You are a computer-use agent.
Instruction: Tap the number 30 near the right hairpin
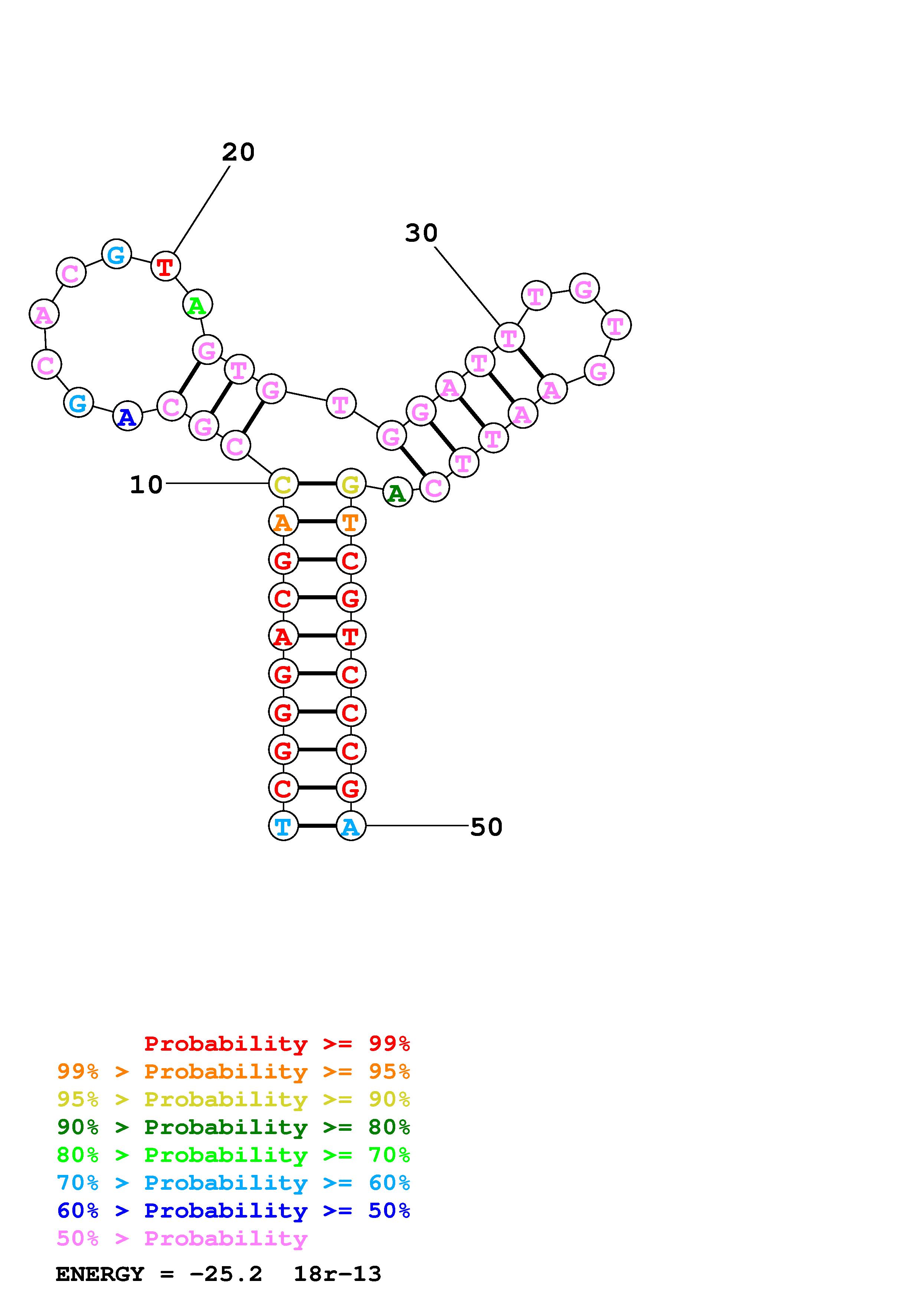click(421, 233)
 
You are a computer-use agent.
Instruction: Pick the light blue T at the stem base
click(283, 826)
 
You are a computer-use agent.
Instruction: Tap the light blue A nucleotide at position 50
click(351, 826)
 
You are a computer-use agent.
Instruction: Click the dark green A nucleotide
click(397, 493)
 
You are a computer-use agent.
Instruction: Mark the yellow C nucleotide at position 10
click(283, 484)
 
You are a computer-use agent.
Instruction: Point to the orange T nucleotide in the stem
click(351, 521)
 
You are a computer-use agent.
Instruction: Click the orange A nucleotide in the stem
click(283, 521)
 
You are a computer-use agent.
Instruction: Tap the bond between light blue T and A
click(317, 826)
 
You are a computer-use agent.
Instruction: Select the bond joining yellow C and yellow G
click(317, 484)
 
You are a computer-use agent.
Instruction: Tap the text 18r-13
click(337, 1274)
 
